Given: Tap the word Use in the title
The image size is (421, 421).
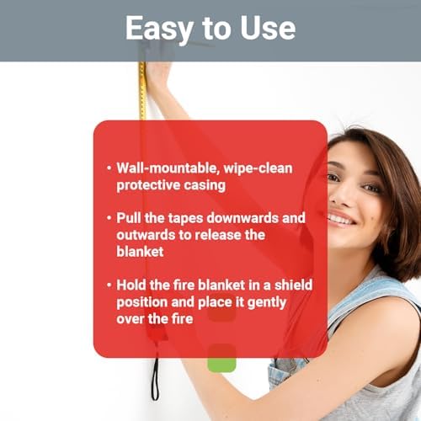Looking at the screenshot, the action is click(x=268, y=28).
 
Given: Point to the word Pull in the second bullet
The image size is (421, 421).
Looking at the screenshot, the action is click(x=129, y=217).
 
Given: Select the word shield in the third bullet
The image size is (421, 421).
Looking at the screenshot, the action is click(x=293, y=285).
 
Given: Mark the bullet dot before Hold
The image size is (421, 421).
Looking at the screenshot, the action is click(x=109, y=285).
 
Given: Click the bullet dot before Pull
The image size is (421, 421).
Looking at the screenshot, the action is click(x=109, y=218).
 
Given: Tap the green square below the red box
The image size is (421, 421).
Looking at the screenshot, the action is click(x=221, y=364).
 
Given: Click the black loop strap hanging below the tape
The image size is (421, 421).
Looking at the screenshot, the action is click(x=155, y=379).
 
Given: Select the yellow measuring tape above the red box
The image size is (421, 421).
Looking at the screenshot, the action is click(x=142, y=90).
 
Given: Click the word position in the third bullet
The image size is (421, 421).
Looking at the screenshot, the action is click(x=142, y=303).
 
